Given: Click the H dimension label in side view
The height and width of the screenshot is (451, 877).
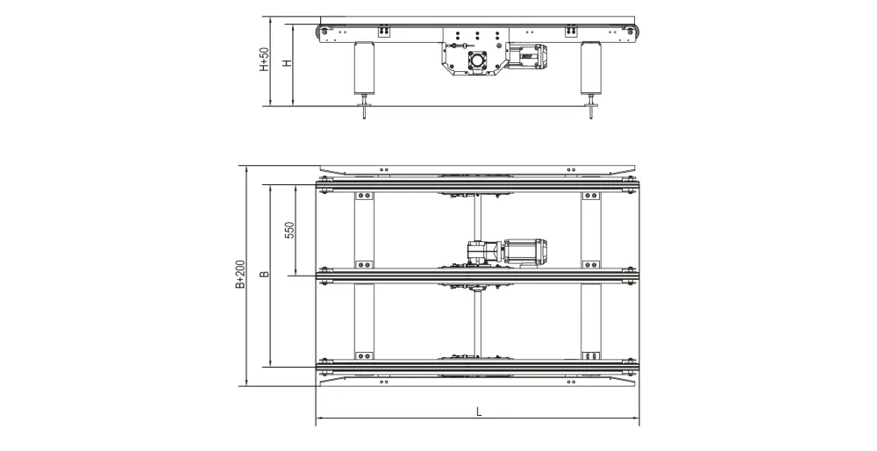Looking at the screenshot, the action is [x=288, y=62].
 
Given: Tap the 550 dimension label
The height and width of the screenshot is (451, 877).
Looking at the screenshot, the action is [x=289, y=230].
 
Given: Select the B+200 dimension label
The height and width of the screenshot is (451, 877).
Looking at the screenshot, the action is [x=240, y=274].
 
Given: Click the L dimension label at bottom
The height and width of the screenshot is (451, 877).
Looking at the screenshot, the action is [x=479, y=412].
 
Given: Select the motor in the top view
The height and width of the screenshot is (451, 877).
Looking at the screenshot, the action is [x=524, y=251].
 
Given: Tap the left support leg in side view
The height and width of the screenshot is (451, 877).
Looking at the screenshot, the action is [x=365, y=68].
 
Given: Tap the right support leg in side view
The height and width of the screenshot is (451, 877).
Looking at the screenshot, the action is [x=590, y=68].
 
